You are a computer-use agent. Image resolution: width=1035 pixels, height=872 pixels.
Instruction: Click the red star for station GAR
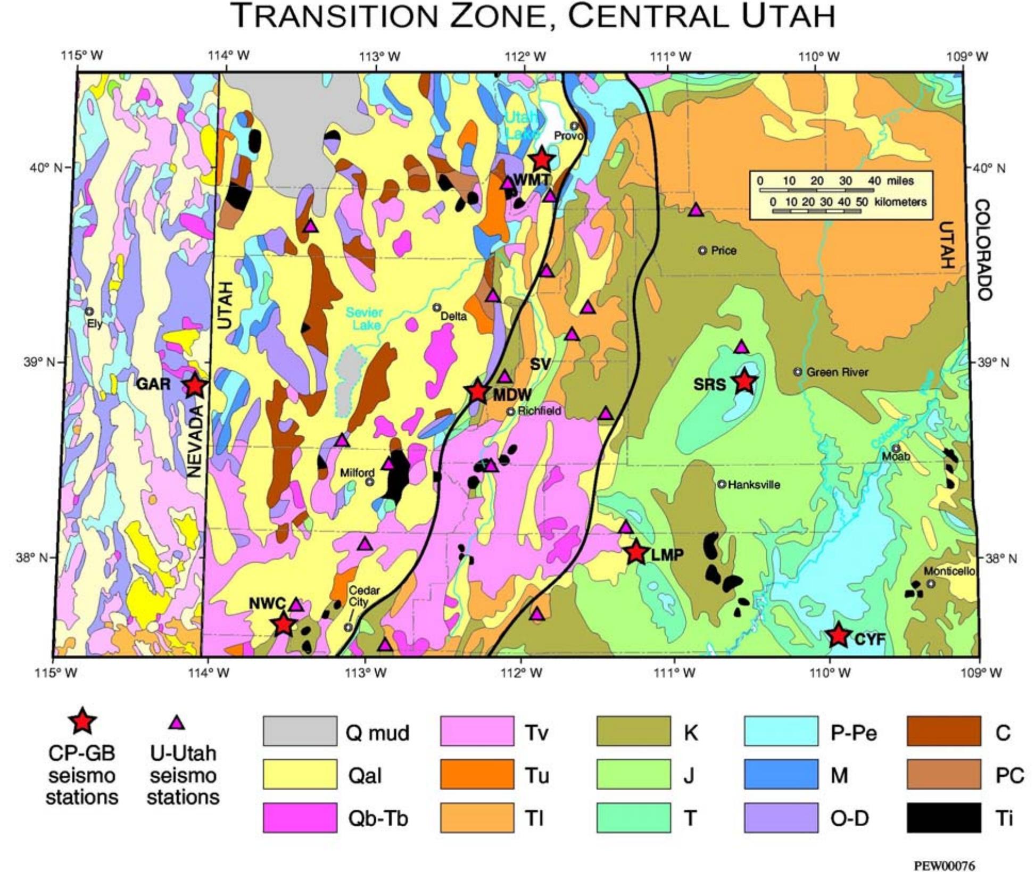[x=195, y=385]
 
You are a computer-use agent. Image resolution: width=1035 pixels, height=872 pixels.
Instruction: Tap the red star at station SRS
[x=744, y=381]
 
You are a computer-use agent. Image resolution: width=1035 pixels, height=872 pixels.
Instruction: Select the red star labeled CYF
[x=839, y=635]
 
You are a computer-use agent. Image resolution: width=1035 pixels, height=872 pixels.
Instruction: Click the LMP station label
[x=667, y=555]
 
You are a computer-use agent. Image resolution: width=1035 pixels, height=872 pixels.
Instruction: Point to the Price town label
[x=724, y=251]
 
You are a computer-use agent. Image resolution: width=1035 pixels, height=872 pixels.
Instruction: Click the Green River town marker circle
[x=797, y=372]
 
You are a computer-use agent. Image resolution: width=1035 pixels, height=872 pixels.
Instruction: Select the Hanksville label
[x=754, y=485]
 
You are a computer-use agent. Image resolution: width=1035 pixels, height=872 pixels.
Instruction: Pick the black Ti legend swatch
[x=943, y=818]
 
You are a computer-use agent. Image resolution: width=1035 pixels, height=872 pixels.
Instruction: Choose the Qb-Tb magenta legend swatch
[x=300, y=818]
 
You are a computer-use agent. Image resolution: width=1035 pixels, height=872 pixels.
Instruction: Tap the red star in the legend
[x=81, y=721]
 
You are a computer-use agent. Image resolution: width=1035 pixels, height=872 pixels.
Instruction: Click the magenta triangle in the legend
[x=177, y=722]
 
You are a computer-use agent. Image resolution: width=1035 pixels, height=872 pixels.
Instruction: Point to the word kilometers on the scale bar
[x=900, y=202]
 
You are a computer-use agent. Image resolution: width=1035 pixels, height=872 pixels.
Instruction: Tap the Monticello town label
[x=949, y=571]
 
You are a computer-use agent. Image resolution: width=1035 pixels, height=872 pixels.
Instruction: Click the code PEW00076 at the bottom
[x=944, y=866]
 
